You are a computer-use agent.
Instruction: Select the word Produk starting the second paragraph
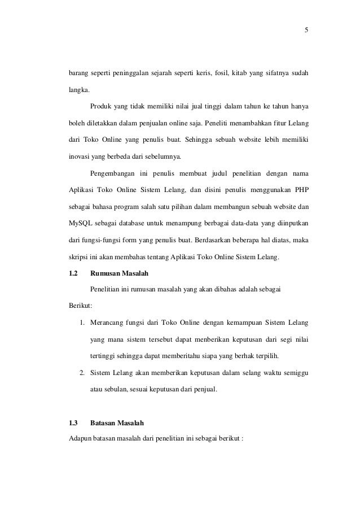point(99,106)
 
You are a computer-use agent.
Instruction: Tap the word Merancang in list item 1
point(107,323)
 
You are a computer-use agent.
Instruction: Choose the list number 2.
point(82,373)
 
